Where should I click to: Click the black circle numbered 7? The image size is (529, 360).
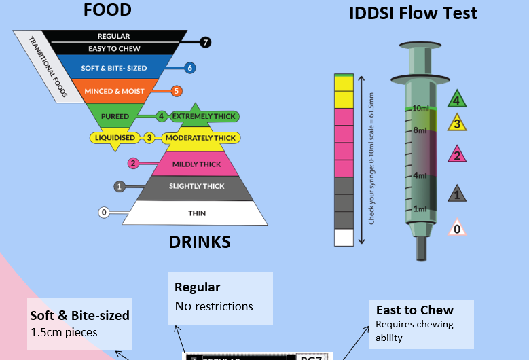206,42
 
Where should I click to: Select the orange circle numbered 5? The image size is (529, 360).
177,91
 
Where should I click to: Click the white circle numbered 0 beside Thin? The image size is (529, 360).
104,213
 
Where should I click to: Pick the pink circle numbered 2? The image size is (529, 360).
133,163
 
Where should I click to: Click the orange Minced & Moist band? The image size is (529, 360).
113,91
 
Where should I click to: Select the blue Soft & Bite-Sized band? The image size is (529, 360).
113,68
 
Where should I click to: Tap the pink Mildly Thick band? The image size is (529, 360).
196,164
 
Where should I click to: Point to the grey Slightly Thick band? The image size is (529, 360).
196,187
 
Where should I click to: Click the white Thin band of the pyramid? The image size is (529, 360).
196,213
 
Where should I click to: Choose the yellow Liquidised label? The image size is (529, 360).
115,138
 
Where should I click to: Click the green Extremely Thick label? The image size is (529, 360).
204,116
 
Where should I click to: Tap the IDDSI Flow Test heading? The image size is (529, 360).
413,13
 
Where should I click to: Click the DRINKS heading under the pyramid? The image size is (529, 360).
199,242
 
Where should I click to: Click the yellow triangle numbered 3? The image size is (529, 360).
457,124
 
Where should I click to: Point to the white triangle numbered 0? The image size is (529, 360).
457,229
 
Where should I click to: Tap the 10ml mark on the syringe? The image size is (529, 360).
420,109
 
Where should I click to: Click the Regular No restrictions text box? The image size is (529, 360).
220,298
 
